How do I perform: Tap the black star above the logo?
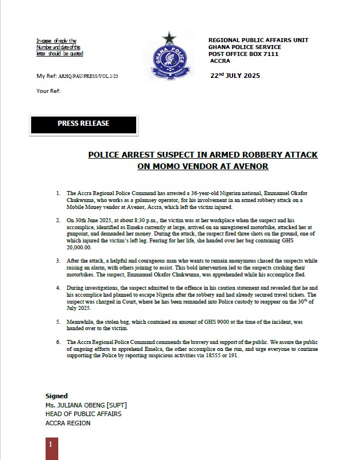(x=169, y=38)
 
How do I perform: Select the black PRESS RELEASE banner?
(x=83, y=124)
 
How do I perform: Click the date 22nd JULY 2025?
(x=235, y=76)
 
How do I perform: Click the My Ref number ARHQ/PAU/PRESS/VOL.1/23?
(x=88, y=76)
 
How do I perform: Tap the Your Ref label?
(x=48, y=91)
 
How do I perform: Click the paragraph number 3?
(x=58, y=261)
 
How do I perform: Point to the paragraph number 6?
(x=58, y=342)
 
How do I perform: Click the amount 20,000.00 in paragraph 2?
(x=80, y=247)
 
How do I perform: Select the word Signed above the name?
(x=57, y=396)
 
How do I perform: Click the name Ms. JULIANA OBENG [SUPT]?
(x=86, y=405)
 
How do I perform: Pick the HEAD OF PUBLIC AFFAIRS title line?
(x=84, y=414)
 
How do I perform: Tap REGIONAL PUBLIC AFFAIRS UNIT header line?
(x=258, y=40)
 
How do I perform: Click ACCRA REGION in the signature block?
(x=67, y=423)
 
